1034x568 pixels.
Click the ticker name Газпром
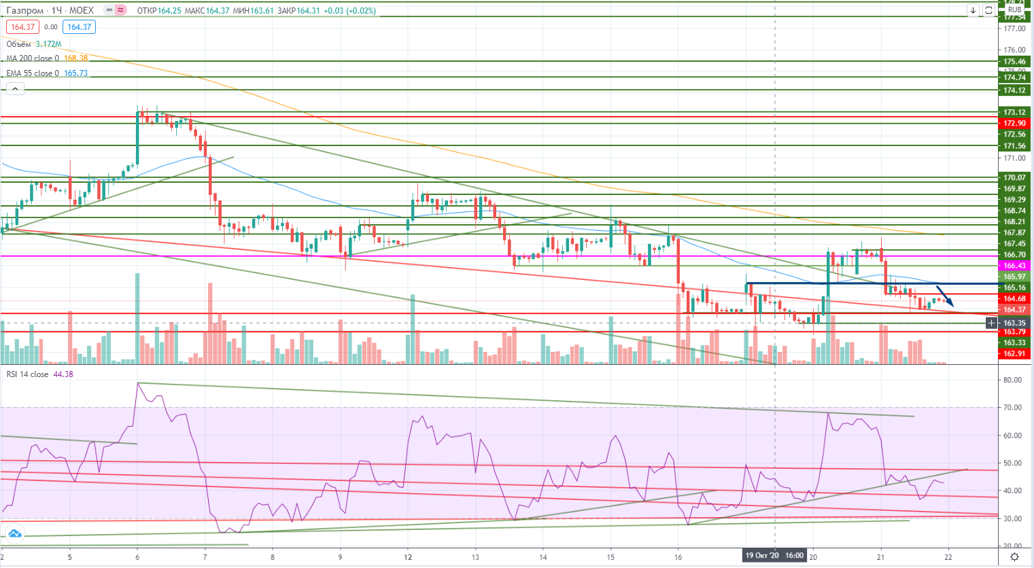click(25, 11)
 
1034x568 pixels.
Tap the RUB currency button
click(1014, 10)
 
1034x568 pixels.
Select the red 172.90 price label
click(1014, 123)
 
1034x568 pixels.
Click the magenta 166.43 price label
click(1014, 266)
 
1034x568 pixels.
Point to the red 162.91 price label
click(1014, 353)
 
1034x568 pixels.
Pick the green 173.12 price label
click(1014, 112)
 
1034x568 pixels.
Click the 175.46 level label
click(1014, 62)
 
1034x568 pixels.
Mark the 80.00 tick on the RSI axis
click(1013, 380)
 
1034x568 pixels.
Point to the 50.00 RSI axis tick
click(1013, 463)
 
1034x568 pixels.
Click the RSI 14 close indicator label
click(27, 374)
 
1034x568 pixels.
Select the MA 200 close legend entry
click(33, 58)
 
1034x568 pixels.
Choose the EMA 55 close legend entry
click(33, 73)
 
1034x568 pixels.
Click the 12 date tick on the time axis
click(408, 557)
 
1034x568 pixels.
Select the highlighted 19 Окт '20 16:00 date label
click(774, 556)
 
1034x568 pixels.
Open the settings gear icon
click(1014, 557)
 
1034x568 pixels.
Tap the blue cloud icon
click(14, 534)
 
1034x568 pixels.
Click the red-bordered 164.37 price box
click(22, 27)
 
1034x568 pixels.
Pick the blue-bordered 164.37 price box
click(80, 27)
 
